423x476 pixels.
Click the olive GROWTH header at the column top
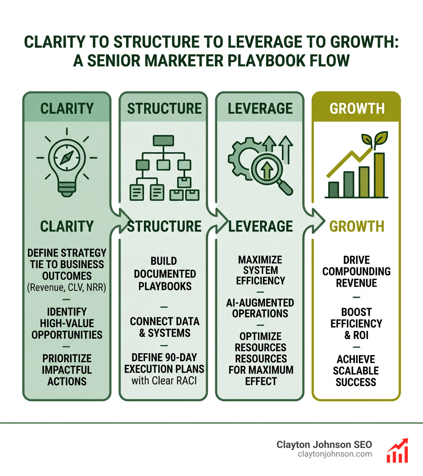(356, 108)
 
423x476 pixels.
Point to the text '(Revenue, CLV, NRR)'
(67, 288)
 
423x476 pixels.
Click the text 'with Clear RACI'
(164, 380)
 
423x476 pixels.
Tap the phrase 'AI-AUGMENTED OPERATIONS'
(260, 308)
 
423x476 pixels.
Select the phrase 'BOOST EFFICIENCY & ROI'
(356, 323)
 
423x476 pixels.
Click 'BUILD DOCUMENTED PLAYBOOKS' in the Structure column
(164, 273)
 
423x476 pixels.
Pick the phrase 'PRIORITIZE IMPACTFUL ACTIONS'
(67, 370)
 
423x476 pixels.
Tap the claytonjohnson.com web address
(334, 454)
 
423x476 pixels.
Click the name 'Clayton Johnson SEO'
(324, 445)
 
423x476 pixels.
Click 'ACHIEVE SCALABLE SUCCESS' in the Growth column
(356, 370)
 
